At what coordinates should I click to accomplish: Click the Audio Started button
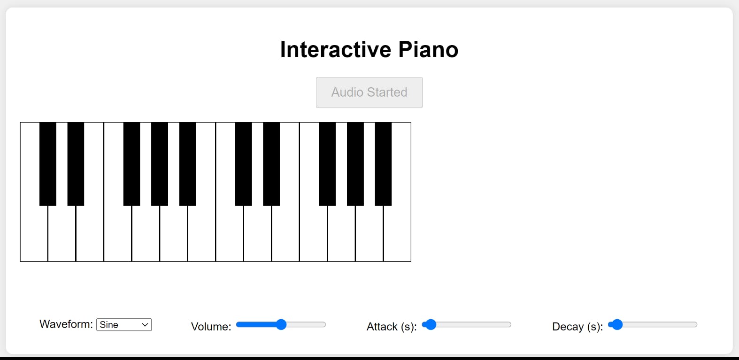click(x=369, y=92)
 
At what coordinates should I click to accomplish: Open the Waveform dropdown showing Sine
click(x=124, y=325)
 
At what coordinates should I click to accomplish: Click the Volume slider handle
click(x=281, y=325)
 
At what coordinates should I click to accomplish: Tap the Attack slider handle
click(x=431, y=325)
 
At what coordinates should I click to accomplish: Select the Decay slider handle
click(x=616, y=325)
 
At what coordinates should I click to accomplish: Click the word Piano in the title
click(x=428, y=49)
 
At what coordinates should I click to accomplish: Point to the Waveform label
click(x=66, y=324)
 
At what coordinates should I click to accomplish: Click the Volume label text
click(x=211, y=327)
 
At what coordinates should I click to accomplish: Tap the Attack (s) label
click(x=392, y=327)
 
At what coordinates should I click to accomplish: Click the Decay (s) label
click(x=577, y=327)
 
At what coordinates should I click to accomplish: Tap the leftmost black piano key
click(x=48, y=164)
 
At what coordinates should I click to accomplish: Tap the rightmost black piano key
click(x=384, y=164)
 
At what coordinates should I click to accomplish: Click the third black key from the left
click(x=131, y=164)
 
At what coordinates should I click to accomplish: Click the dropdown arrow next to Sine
click(x=145, y=325)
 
